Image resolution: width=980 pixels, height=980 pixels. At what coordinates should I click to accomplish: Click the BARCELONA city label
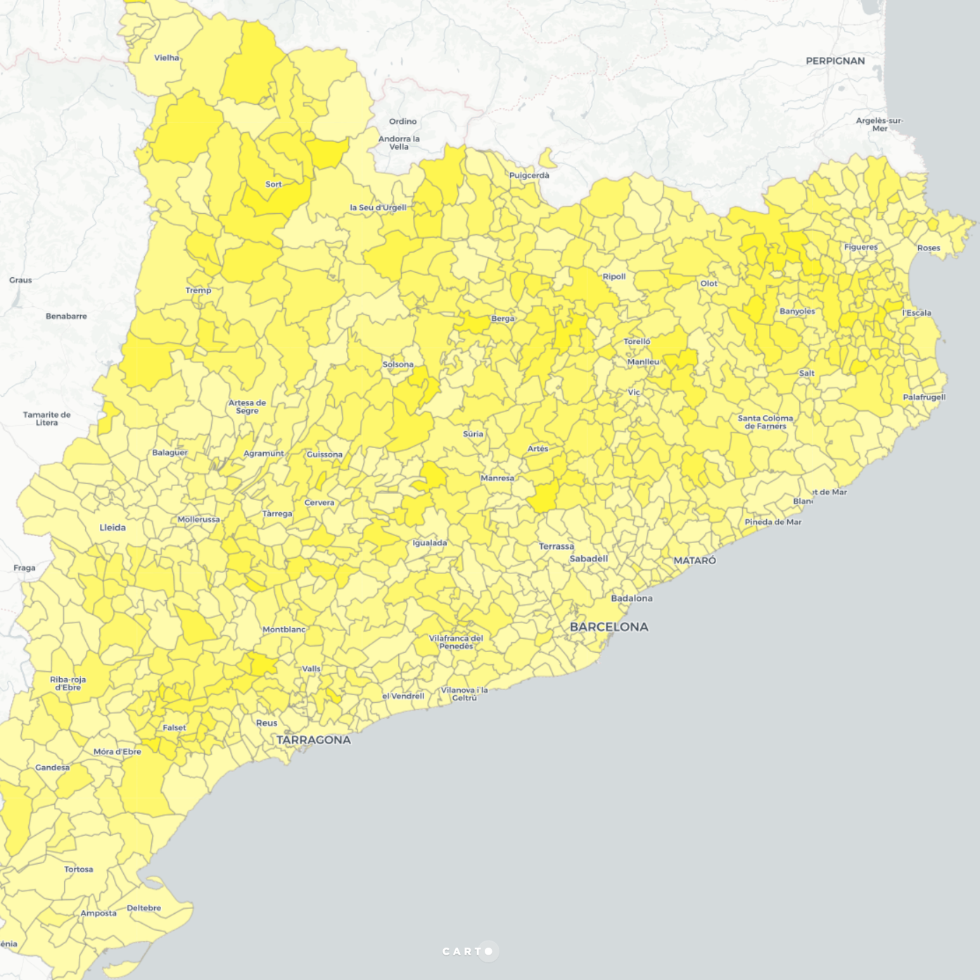[x=609, y=627]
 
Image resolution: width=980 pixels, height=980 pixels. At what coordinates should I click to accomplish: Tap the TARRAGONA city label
[x=313, y=740]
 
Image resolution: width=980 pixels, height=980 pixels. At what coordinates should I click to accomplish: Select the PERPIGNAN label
[x=835, y=61]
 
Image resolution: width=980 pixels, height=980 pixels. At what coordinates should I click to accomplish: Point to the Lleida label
[x=113, y=528]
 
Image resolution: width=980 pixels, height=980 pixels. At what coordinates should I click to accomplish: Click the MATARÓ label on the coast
[x=694, y=561]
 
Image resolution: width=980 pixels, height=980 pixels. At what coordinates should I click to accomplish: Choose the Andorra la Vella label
[x=399, y=143]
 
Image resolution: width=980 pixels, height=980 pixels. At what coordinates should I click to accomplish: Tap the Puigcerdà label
[x=529, y=175]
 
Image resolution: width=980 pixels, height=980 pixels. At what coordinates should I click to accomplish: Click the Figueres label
[x=860, y=247]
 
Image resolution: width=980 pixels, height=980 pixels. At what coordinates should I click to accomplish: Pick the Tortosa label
[x=78, y=870]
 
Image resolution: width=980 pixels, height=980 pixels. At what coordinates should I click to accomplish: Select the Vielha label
[x=167, y=58]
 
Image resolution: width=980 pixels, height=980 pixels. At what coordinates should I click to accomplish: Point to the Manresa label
[x=497, y=478]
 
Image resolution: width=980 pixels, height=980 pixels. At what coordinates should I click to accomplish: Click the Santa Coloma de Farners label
[x=765, y=422]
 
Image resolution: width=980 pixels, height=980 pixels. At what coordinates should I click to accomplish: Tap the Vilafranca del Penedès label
[x=456, y=642]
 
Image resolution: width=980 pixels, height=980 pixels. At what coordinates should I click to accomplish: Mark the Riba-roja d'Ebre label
[x=68, y=683]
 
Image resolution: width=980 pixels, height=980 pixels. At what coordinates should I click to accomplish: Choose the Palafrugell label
[x=924, y=397]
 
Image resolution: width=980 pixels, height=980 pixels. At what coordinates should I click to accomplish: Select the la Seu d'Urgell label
[x=378, y=208]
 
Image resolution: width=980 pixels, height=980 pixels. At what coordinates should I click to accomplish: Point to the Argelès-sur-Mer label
[x=879, y=125]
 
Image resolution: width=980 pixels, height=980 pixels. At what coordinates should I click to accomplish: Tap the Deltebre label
[x=144, y=908]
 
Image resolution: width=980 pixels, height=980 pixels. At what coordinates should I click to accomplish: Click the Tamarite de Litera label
[x=46, y=419]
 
